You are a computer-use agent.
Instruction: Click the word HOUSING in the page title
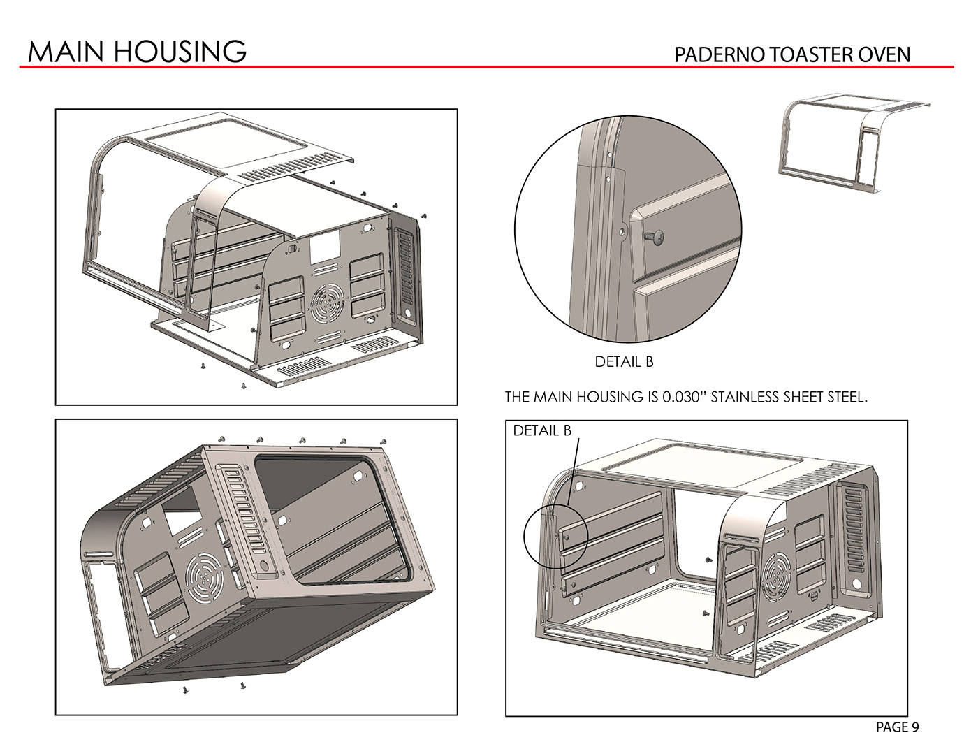(184, 51)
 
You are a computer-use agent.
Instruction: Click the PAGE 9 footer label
(897, 727)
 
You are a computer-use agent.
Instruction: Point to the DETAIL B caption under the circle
(624, 362)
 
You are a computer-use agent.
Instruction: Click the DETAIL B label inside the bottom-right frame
(542, 430)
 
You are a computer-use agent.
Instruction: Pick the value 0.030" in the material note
(685, 398)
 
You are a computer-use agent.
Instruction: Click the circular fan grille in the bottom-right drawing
(777, 574)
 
